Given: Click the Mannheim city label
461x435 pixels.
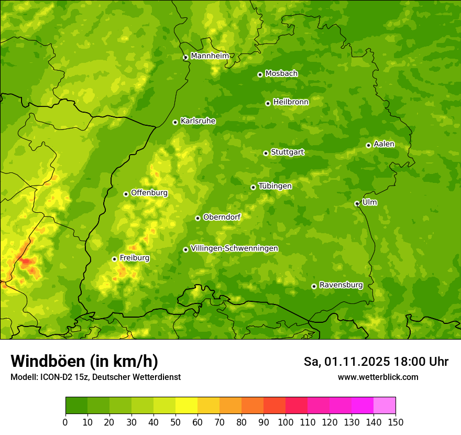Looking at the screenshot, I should (x=210, y=56).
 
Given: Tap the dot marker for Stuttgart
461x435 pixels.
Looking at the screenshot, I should (x=266, y=153).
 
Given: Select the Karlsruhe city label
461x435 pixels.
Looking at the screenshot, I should (x=197, y=121).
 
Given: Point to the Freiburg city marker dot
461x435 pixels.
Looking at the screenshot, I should (x=114, y=259).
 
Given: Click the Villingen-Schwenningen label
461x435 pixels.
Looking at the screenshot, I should (x=234, y=248).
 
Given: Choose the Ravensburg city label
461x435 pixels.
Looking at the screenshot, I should (x=341, y=285).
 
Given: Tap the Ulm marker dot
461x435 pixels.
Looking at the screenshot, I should (x=357, y=203).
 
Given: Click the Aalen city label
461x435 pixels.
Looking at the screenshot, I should (x=384, y=144).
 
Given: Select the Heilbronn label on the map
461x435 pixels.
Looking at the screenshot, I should (x=291, y=102).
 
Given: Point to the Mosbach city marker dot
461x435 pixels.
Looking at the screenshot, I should (x=260, y=74).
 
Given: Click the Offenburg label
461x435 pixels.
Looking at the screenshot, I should (x=149, y=193).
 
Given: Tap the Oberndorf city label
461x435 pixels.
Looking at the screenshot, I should (x=222, y=217).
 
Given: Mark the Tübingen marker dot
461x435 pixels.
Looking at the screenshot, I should (x=253, y=187).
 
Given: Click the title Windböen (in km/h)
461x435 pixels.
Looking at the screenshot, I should (x=84, y=361).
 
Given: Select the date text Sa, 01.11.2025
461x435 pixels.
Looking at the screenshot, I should (x=347, y=362).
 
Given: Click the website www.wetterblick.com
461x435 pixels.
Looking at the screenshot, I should (x=378, y=377).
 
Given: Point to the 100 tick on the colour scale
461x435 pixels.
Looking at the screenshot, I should (x=286, y=422).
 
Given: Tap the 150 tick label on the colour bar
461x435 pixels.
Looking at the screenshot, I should (x=396, y=422).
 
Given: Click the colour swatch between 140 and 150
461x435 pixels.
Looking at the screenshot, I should (x=385, y=406).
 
